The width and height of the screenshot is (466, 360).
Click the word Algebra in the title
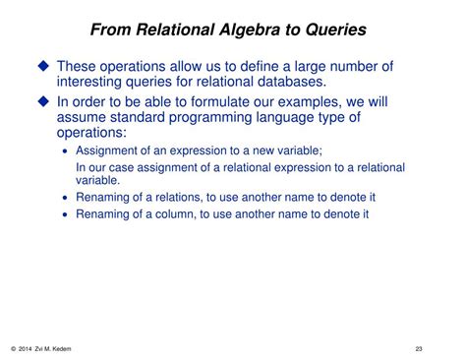[x=250, y=30]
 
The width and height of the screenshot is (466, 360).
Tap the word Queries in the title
[x=336, y=30]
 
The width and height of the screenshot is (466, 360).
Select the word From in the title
[x=111, y=30]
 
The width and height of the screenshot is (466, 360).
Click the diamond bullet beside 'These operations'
[x=43, y=66]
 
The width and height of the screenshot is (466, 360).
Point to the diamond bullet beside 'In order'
[x=43, y=101]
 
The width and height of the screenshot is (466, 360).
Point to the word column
[x=174, y=214]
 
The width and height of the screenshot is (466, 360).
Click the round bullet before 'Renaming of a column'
[x=65, y=214]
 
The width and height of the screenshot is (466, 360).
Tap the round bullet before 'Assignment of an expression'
[x=65, y=151]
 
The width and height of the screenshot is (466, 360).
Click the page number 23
[x=419, y=349]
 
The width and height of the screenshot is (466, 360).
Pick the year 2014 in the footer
[x=25, y=349]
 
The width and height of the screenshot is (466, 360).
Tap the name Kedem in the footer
[x=61, y=349]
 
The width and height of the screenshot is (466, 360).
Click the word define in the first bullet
[x=260, y=66]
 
